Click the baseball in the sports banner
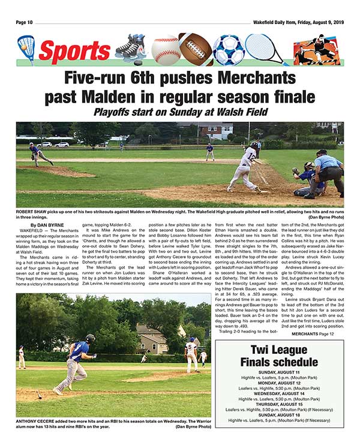pyautogui.click(x=166, y=49)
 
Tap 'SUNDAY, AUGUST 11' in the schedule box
pyautogui.click(x=279, y=372)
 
